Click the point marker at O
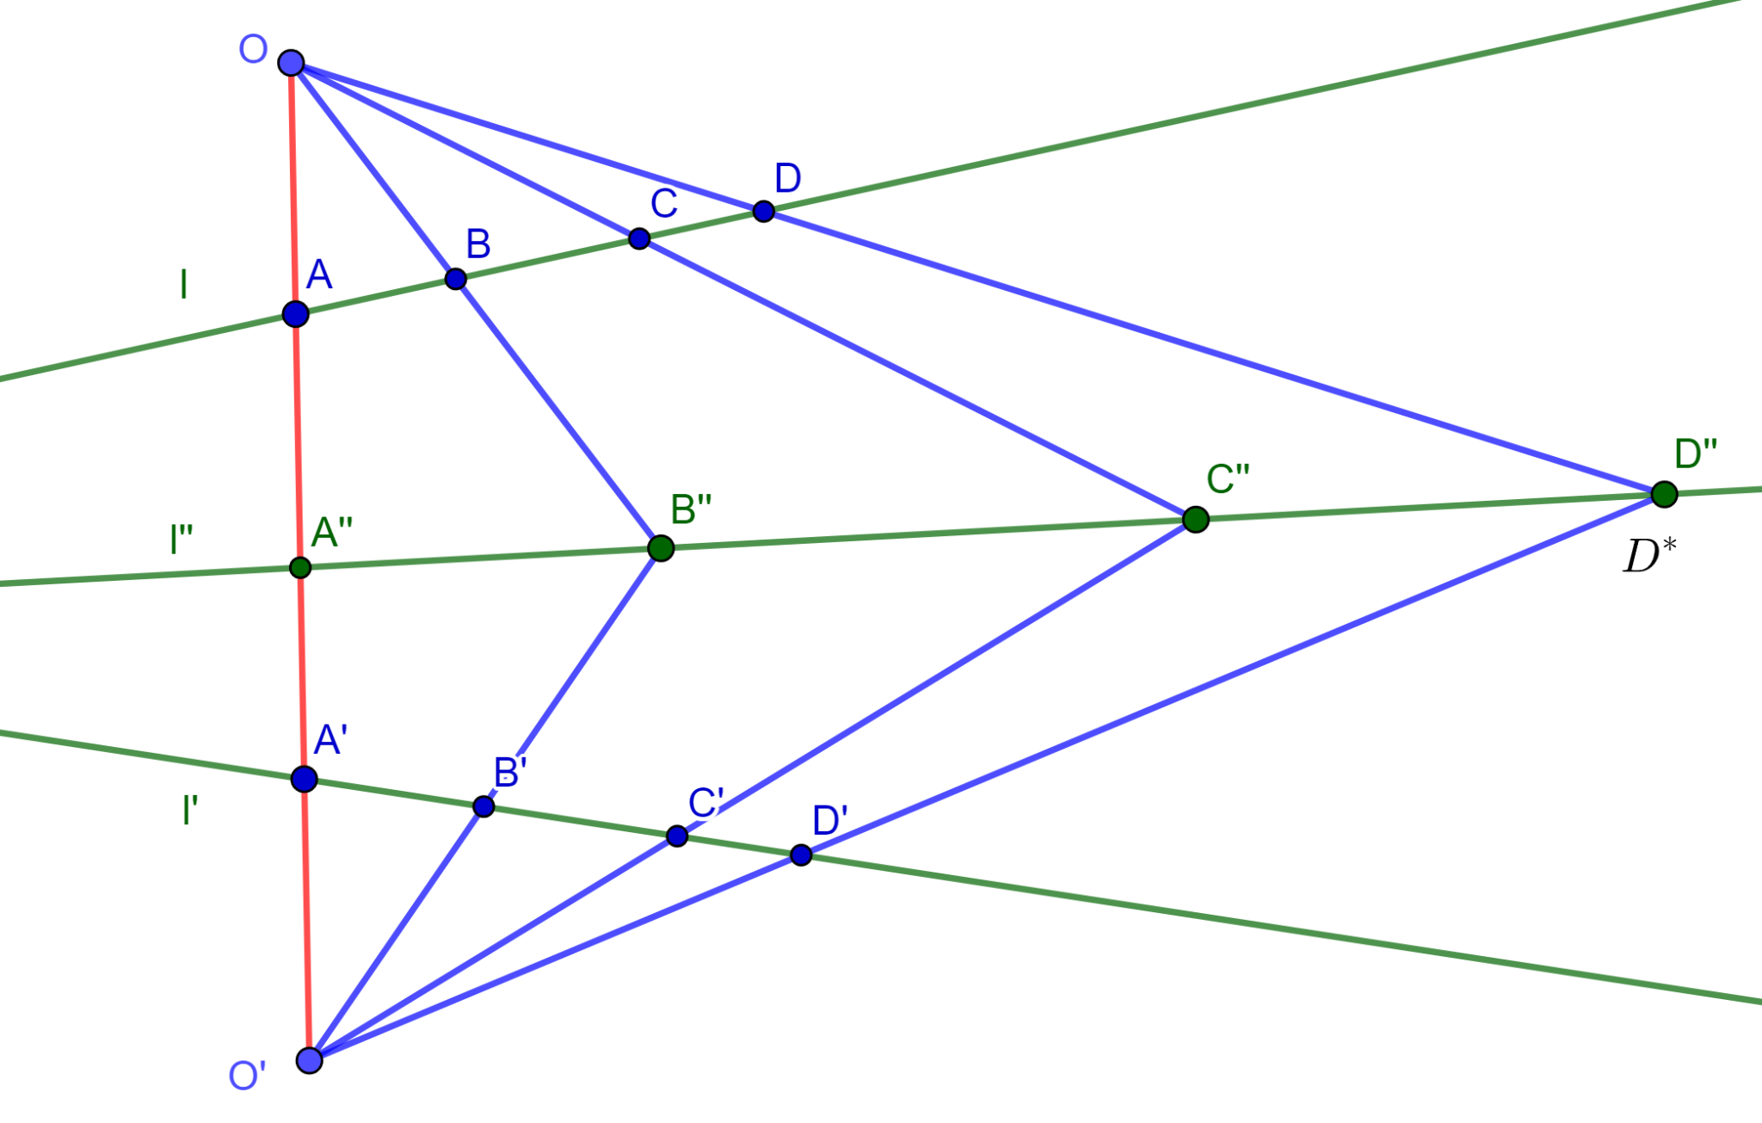pyautogui.click(x=292, y=63)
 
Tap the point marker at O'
pyautogui.click(x=310, y=1060)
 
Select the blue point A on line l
pyautogui.click(x=295, y=314)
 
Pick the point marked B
pyautogui.click(x=456, y=279)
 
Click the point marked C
pyautogui.click(x=638, y=238)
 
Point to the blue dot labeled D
pyautogui.click(x=763, y=211)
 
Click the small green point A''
pyautogui.click(x=300, y=567)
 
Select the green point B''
pyautogui.click(x=661, y=548)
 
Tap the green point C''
pyautogui.click(x=1196, y=519)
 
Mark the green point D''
pyautogui.click(x=1665, y=494)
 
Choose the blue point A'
pyautogui.click(x=304, y=780)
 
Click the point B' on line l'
pyautogui.click(x=484, y=806)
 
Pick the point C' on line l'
pyautogui.click(x=677, y=836)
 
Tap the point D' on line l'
pyautogui.click(x=801, y=855)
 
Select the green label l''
pyautogui.click(x=181, y=540)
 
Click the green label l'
pyautogui.click(x=190, y=811)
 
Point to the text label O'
pyautogui.click(x=247, y=1077)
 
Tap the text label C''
pyautogui.click(x=1228, y=479)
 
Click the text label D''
pyautogui.click(x=1696, y=454)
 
